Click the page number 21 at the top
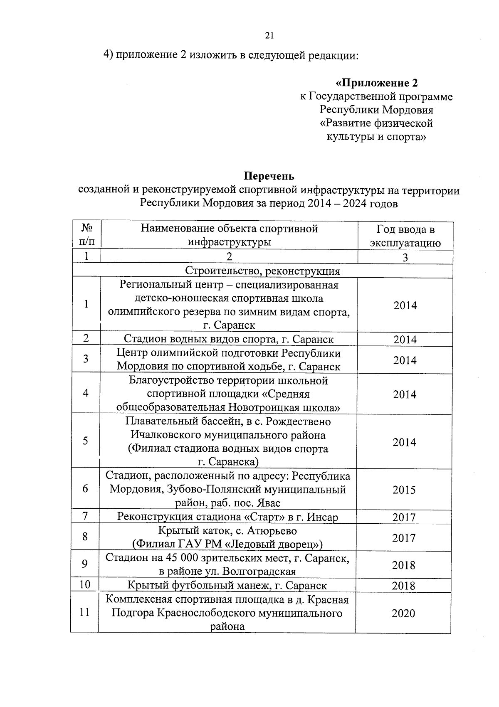click(x=269, y=36)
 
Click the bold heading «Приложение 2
click(x=376, y=83)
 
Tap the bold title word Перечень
click(x=269, y=176)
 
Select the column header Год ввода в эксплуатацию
click(x=405, y=236)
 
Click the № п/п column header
click(x=86, y=235)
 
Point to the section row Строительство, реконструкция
click(x=262, y=271)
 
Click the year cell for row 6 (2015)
click(x=404, y=490)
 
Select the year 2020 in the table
click(x=403, y=613)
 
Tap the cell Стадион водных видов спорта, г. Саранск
click(x=229, y=339)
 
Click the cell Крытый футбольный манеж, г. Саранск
click(x=227, y=585)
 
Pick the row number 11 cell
click(x=85, y=612)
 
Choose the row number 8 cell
click(x=85, y=537)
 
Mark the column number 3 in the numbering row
click(x=405, y=257)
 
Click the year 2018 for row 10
click(x=404, y=586)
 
